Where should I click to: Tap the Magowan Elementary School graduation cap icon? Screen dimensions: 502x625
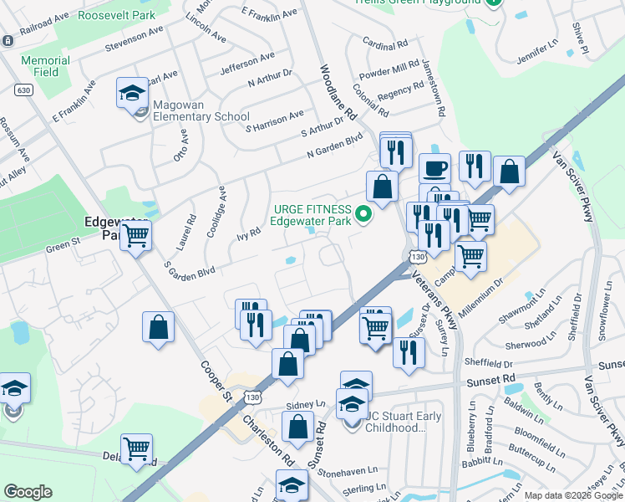click(132, 92)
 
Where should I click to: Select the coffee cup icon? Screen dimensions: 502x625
click(434, 167)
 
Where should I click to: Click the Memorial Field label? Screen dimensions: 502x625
click(45, 67)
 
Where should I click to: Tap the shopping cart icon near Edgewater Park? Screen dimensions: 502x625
click(135, 235)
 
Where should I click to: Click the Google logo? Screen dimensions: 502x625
click(28, 492)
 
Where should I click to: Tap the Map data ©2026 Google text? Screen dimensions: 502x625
click(572, 495)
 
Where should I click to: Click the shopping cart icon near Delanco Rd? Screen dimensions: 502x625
click(136, 448)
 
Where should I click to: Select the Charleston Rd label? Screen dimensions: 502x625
click(267, 436)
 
